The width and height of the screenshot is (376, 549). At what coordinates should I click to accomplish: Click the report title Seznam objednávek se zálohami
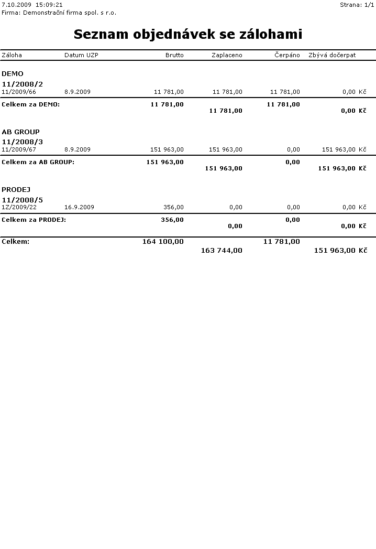tap(187, 35)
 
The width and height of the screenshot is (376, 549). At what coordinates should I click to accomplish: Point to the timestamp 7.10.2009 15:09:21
tap(32, 5)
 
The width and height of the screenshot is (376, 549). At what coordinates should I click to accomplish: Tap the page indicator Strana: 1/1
tap(357, 5)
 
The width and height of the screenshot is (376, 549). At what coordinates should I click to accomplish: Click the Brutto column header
tap(174, 55)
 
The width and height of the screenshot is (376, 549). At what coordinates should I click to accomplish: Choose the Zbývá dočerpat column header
tap(332, 55)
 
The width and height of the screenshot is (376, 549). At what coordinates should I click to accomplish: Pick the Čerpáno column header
tap(287, 55)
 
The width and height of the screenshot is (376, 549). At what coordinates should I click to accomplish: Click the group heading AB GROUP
tap(20, 132)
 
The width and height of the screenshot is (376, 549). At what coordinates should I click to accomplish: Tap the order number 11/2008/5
tap(23, 200)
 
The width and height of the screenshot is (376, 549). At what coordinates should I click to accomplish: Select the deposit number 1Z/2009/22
tap(19, 207)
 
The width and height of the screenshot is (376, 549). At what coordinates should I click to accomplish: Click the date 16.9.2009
tap(79, 207)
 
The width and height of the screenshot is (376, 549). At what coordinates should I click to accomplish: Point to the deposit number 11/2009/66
tap(19, 92)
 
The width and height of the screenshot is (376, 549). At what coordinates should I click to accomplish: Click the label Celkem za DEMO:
tap(31, 104)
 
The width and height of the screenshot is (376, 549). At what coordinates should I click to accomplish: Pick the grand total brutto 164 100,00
tap(163, 242)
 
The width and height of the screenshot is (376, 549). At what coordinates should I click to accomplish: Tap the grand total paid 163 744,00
tap(222, 251)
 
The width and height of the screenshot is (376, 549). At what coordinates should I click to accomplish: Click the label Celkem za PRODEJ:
tap(34, 220)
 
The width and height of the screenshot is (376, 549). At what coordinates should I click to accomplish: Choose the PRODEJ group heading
tap(16, 189)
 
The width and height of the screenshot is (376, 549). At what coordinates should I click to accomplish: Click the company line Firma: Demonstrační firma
tap(59, 12)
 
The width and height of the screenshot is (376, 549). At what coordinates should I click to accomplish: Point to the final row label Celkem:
tap(16, 242)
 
